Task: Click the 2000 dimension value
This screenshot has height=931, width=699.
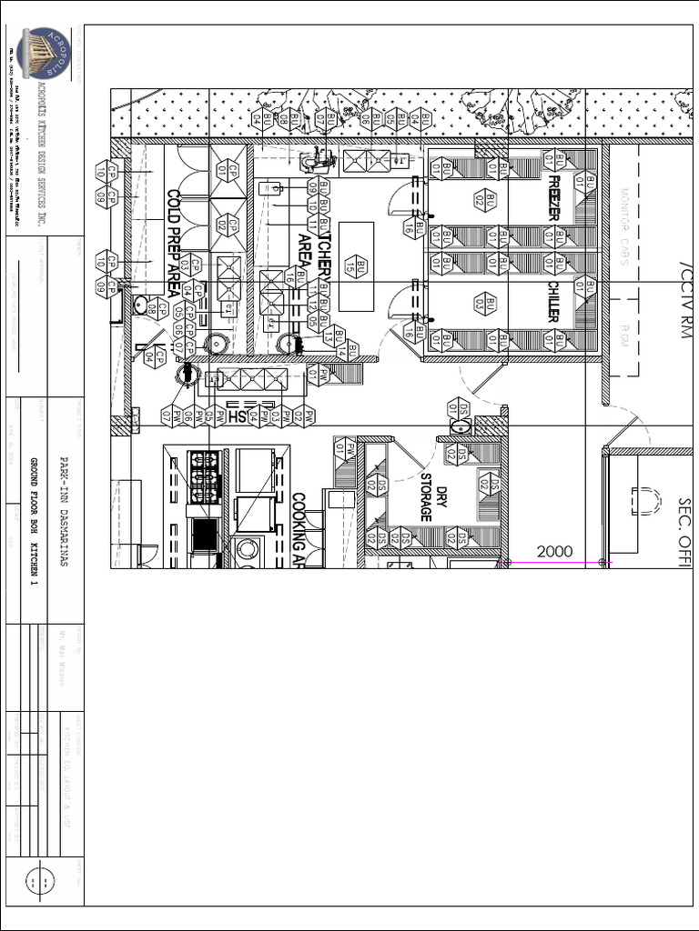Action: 554,552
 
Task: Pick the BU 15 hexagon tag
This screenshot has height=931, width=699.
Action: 360,267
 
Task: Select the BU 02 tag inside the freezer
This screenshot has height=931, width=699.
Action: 491,199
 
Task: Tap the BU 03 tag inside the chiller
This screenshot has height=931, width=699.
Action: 491,304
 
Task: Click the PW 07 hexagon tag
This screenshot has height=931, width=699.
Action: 167,415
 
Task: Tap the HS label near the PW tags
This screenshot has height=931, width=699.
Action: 237,415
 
